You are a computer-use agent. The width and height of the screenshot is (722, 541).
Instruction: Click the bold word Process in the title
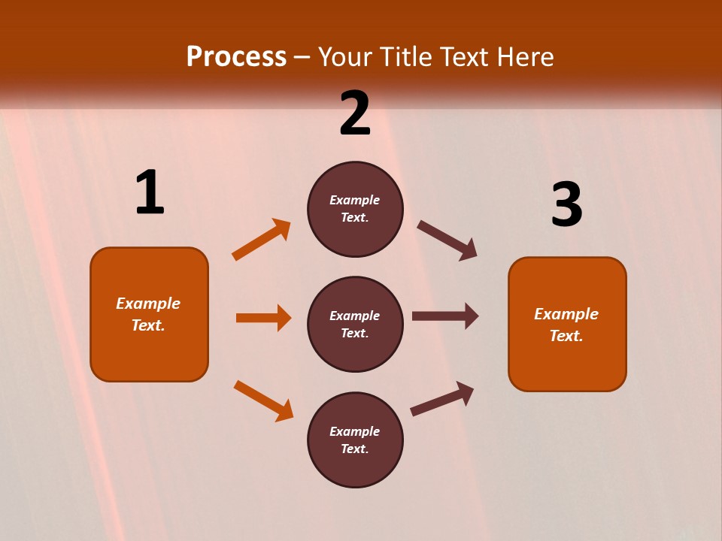click(x=236, y=57)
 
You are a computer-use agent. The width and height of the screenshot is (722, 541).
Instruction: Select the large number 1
click(x=150, y=193)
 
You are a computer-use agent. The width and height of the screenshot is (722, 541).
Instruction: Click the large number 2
click(x=355, y=114)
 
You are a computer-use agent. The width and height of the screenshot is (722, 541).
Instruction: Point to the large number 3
click(x=566, y=205)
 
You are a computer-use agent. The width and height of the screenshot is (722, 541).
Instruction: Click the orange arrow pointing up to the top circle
click(x=262, y=240)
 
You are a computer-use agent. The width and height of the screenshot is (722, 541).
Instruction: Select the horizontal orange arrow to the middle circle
click(x=263, y=318)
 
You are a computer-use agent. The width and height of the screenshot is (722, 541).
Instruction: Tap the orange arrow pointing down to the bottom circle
click(x=264, y=400)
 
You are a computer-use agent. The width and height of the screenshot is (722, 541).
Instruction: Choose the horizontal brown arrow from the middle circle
click(x=445, y=316)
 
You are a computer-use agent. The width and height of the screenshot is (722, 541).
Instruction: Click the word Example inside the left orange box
click(x=148, y=304)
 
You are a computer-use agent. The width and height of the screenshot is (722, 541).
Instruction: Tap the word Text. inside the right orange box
click(x=566, y=336)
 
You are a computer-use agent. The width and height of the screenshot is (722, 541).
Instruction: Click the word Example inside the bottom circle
click(x=354, y=431)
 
